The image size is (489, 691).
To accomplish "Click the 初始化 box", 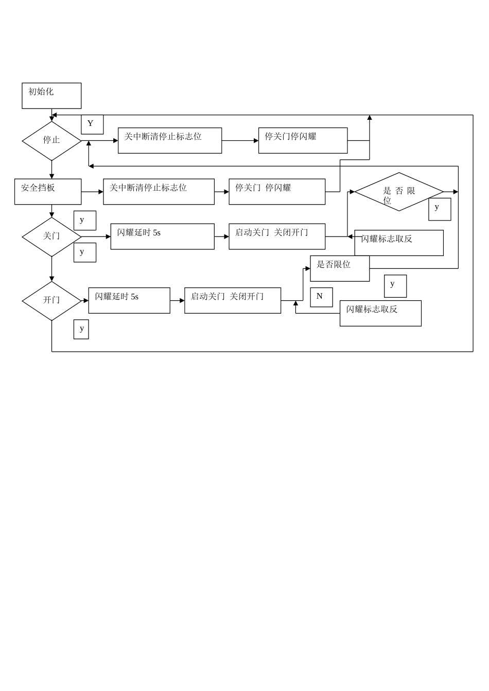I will (51, 96).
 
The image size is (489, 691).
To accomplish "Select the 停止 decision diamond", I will (51, 140).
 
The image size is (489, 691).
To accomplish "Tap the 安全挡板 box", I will (48, 192).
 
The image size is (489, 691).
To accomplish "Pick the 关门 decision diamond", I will (51, 237).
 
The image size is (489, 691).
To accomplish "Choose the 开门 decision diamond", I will (51, 300).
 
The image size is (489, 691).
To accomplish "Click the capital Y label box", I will (92, 124).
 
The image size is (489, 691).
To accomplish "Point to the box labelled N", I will (321, 297).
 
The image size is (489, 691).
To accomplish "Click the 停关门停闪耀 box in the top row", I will (303, 140).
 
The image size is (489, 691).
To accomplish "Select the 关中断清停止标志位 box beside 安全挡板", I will (159, 192).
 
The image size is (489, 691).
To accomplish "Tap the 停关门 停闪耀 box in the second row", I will (277, 192).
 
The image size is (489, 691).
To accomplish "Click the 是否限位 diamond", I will (399, 192).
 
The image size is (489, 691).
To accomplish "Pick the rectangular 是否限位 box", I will (340, 268).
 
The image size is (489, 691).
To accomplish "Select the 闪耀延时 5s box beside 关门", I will (162, 237).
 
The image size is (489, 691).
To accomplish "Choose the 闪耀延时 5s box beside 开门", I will (129, 300).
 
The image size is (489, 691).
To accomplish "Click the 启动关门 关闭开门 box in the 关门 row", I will (277, 237).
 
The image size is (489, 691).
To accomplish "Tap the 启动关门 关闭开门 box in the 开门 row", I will (233, 300).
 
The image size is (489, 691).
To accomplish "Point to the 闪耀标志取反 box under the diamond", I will (399, 243).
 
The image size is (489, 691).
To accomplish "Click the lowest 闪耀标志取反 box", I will (380, 313).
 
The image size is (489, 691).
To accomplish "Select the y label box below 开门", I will (81, 329).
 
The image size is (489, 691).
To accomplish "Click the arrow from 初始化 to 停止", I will (51, 115).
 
